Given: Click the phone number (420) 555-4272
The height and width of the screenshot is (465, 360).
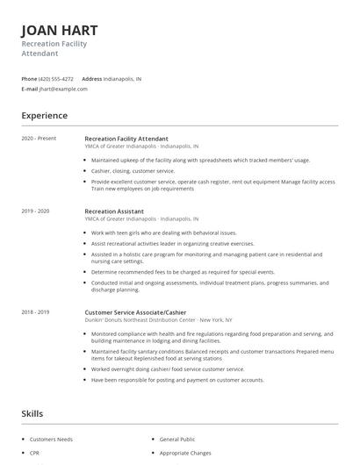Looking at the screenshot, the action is click(56, 78).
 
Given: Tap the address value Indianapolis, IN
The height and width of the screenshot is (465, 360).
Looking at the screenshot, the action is click(122, 78).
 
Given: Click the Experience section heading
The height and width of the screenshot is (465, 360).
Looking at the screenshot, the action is click(44, 116).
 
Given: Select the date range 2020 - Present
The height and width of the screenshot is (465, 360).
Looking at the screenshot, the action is click(39, 139).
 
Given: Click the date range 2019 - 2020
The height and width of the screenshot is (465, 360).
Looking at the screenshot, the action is click(35, 211).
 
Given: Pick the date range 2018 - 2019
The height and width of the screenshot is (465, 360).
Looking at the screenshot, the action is click(35, 311).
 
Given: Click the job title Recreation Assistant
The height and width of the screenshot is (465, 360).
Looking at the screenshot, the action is click(114, 211).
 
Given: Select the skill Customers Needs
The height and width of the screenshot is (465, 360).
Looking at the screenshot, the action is click(52, 438).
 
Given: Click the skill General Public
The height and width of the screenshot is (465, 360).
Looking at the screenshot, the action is click(177, 438).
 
